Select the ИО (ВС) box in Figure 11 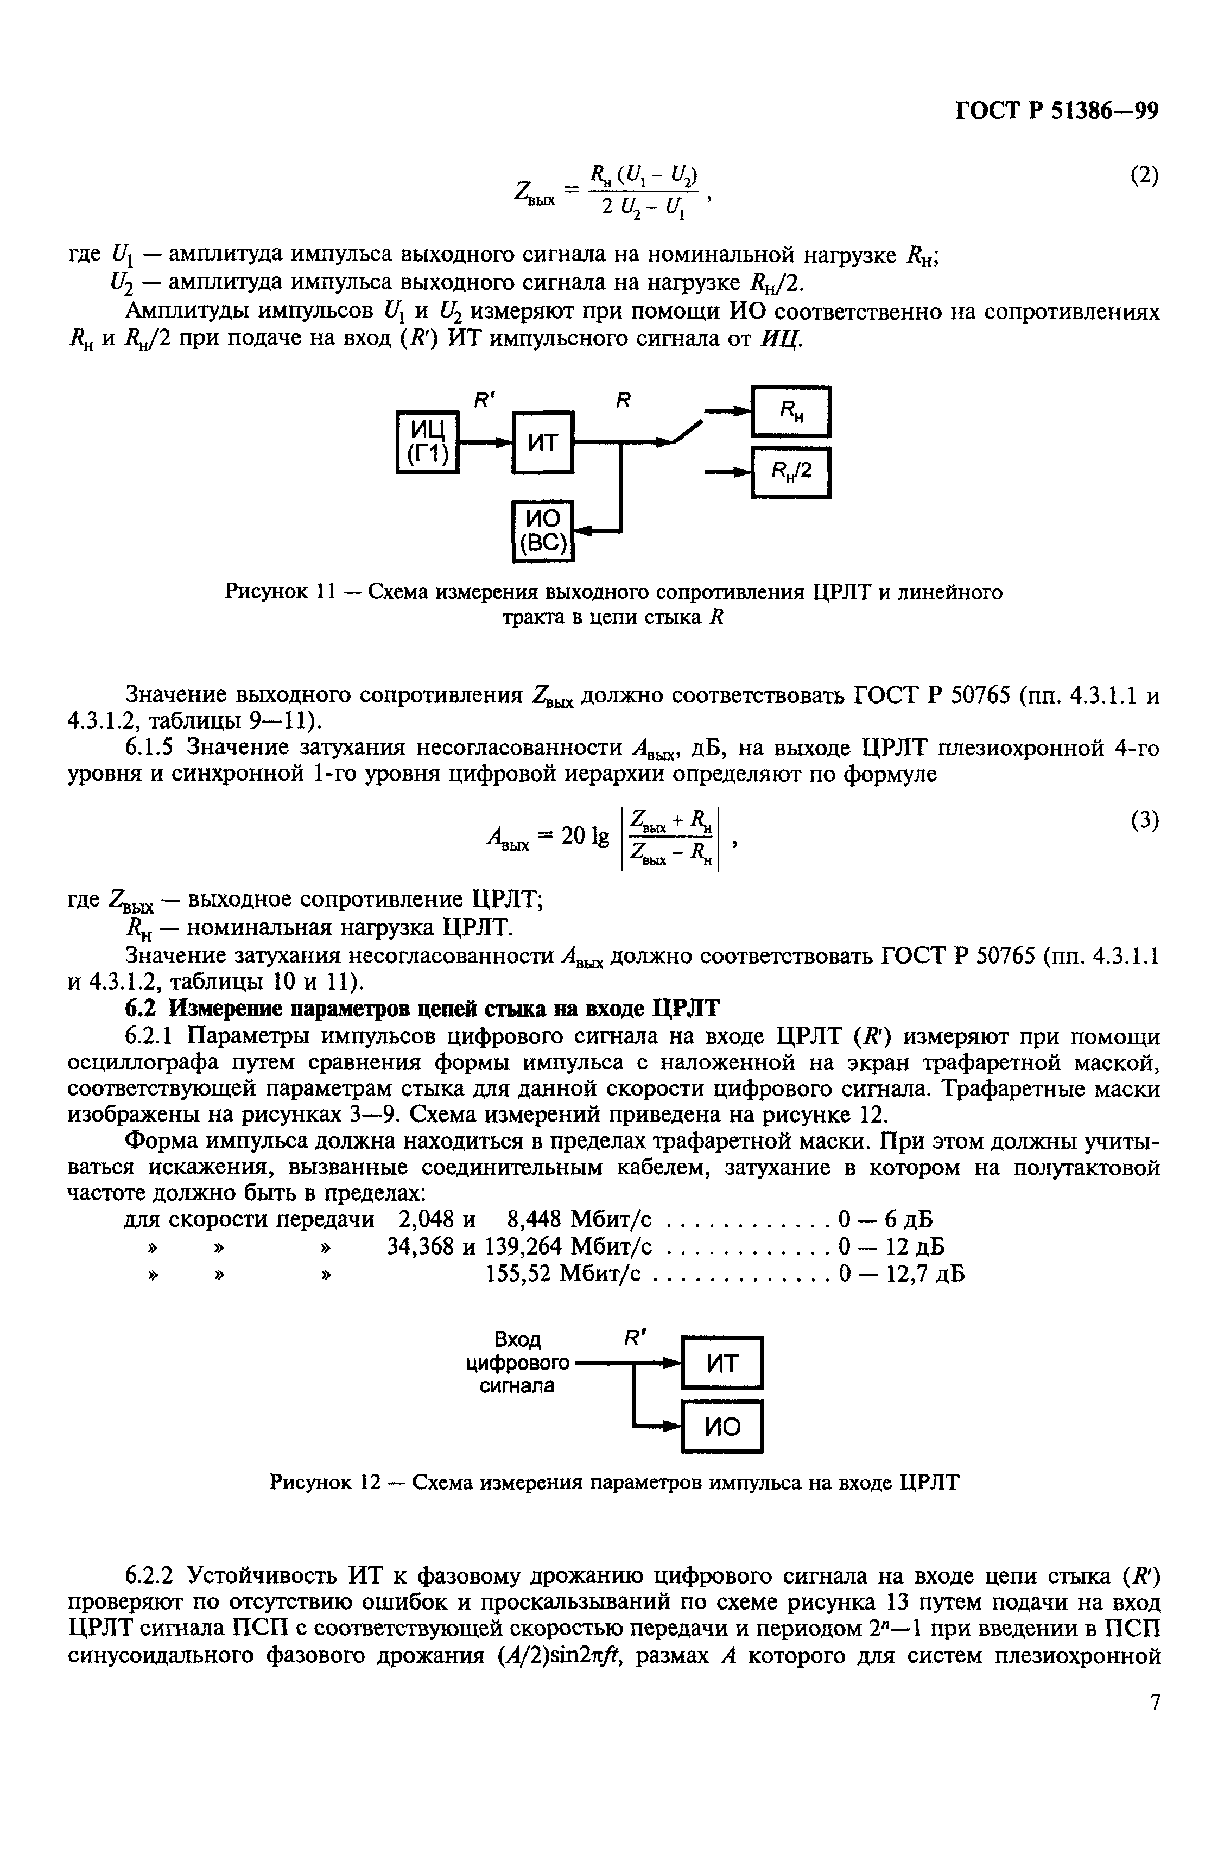point(543,531)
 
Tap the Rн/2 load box point(791,472)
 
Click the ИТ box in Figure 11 point(543,442)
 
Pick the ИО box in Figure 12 point(722,1426)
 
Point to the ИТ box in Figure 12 point(722,1363)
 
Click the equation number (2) point(1144,176)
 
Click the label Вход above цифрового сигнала point(517,1340)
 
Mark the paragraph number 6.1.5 point(153,749)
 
